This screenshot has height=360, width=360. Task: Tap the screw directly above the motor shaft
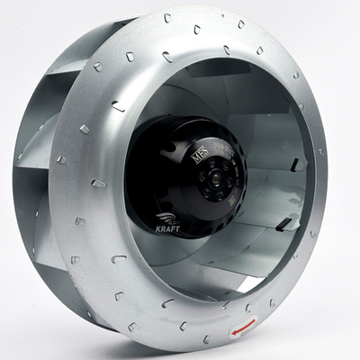click(x=220, y=166)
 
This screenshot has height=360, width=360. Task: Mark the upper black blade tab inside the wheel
click(x=296, y=165)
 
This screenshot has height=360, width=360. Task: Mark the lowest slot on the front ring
click(x=206, y=339)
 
